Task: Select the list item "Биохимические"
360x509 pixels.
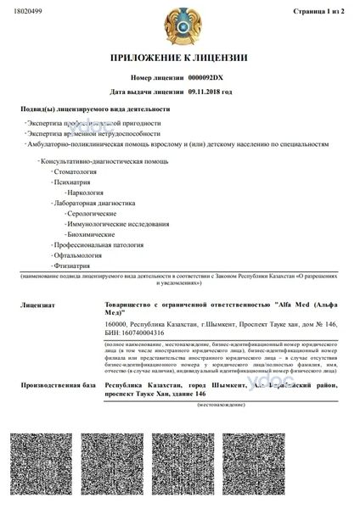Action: pos(91,233)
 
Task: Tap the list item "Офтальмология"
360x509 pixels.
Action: pos(78,255)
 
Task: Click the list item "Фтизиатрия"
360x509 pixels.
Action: pos(72,265)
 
